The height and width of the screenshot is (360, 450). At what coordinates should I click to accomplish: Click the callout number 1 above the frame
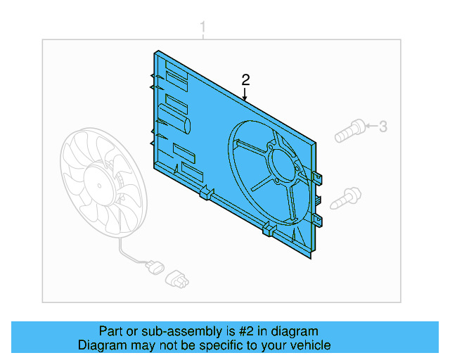203,28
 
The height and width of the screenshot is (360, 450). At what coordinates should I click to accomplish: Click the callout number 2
245,79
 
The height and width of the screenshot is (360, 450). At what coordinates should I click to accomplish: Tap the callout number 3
383,127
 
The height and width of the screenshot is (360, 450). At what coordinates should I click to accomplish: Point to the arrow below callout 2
245,94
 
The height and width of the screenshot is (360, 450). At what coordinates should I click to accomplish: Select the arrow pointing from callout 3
371,127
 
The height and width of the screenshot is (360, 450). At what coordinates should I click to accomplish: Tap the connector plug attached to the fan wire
153,268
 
